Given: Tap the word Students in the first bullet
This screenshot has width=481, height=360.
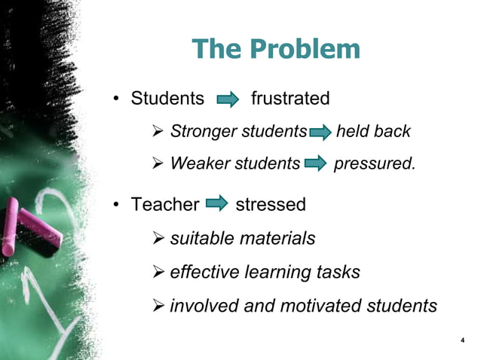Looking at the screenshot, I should click(x=167, y=99).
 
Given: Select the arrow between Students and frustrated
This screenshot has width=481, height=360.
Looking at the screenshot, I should click(x=228, y=99).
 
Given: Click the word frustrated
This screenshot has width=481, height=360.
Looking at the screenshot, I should click(x=290, y=99).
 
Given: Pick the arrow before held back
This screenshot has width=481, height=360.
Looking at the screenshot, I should click(x=320, y=133).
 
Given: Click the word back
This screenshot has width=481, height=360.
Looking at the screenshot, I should click(x=392, y=132).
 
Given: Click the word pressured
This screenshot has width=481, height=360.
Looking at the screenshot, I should click(x=374, y=163).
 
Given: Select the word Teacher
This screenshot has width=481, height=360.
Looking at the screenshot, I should click(x=165, y=204).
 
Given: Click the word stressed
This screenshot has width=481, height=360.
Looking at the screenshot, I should click(x=271, y=204).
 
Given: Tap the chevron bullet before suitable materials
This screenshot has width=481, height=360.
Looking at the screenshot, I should click(x=159, y=239).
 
